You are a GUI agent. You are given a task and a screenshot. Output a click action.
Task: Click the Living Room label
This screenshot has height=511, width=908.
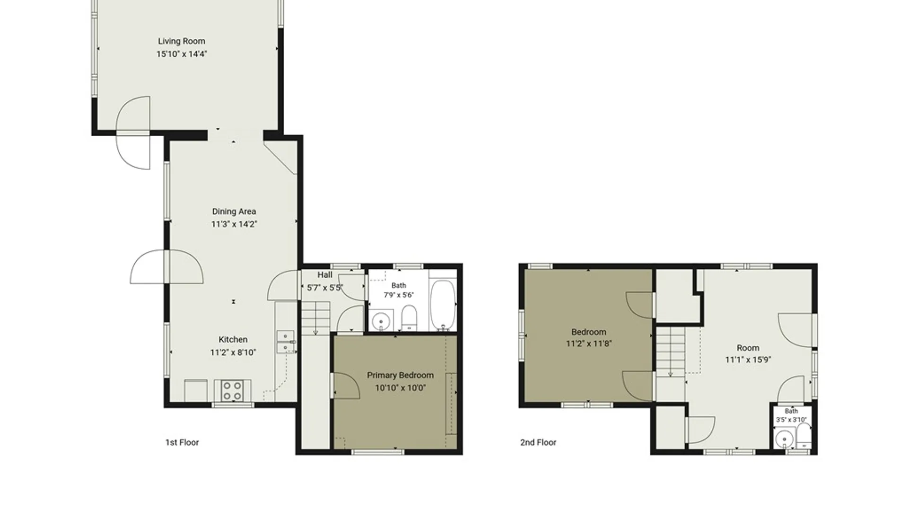click(x=182, y=41)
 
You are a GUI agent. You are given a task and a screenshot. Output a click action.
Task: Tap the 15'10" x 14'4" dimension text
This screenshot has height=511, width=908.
click(x=182, y=54)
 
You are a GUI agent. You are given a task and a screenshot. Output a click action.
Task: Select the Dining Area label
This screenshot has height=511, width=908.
click(x=234, y=211)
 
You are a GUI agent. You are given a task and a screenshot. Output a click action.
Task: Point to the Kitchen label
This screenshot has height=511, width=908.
click(x=233, y=339)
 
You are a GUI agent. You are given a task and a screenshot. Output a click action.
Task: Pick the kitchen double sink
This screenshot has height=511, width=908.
click(x=285, y=342)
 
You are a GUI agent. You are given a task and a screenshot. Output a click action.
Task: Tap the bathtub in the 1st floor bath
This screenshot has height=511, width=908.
click(x=443, y=305)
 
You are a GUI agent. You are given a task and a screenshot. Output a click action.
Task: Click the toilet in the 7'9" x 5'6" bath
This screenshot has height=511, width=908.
click(x=409, y=317)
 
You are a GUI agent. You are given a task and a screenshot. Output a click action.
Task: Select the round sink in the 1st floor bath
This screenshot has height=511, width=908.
click(x=380, y=321)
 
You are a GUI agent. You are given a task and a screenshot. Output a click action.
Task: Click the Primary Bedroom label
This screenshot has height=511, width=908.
click(x=400, y=375)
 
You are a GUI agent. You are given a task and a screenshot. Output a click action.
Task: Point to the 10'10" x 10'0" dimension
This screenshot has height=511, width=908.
click(x=400, y=388)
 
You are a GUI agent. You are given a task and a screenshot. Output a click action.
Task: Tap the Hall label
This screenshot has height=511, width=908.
click(x=324, y=274)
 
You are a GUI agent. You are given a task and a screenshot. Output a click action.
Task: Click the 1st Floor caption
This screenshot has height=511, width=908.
click(x=182, y=442)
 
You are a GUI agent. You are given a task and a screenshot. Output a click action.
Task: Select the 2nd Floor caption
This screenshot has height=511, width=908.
click(x=538, y=442)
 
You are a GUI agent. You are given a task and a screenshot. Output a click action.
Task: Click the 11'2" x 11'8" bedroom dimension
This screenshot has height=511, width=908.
click(x=589, y=344)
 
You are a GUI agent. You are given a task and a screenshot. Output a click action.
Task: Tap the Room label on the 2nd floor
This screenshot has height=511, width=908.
click(x=748, y=348)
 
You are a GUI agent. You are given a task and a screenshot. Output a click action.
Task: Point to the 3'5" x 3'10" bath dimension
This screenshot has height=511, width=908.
click(x=791, y=420)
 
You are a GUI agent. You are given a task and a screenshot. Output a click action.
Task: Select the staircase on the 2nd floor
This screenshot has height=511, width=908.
click(x=670, y=352)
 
